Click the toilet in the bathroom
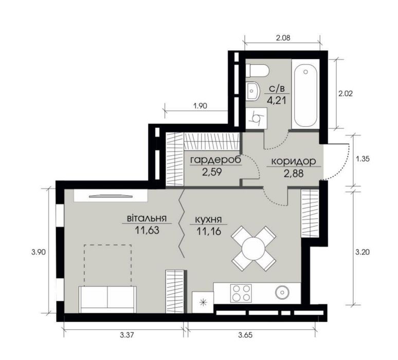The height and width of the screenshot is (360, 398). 257,71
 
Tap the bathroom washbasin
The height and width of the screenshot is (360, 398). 252,91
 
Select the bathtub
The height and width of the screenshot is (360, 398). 305,94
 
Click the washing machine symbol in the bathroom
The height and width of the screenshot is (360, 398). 257,118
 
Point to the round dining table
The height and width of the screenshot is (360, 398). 254,248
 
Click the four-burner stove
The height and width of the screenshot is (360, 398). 241,293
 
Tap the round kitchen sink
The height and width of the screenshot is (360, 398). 282,293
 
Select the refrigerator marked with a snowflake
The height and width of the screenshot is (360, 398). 203,302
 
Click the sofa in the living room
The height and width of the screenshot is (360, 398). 107,299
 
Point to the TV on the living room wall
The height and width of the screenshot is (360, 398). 111,195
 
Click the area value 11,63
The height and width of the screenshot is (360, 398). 147,230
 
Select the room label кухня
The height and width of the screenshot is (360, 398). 209,220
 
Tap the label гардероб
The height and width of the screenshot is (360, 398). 215,160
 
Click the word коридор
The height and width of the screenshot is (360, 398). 294,161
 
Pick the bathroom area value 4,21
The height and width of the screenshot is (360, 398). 277,100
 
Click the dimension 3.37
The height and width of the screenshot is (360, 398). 126,335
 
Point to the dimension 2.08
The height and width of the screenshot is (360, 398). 283,38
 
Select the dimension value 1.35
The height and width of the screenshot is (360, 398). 363,159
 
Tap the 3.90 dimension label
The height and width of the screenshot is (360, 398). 39,253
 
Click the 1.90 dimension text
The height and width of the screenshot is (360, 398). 200,105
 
